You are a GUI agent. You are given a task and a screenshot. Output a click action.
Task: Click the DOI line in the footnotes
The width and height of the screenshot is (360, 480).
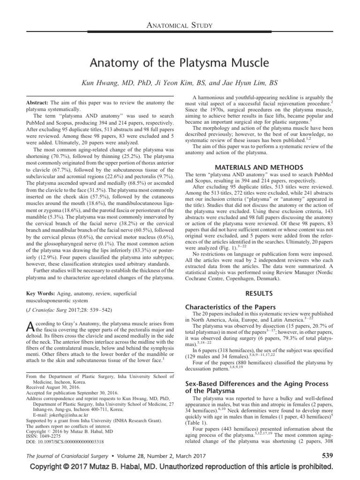[x=65, y=441]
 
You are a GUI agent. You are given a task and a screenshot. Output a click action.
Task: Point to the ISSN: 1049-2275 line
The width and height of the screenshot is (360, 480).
[x=44, y=435]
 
